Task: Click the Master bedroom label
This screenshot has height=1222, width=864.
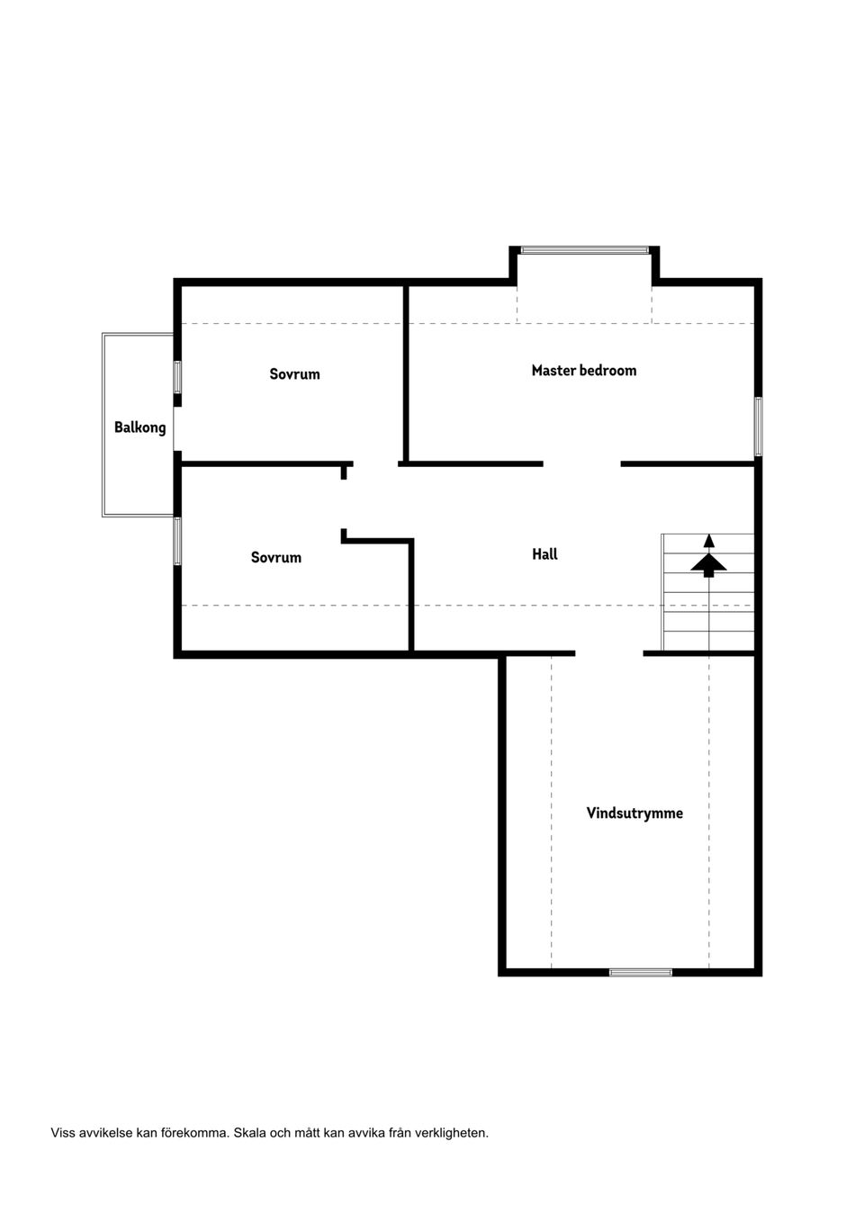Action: coord(583,371)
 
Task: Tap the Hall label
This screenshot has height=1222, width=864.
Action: coord(544,554)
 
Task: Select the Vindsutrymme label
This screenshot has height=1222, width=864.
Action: coord(634,813)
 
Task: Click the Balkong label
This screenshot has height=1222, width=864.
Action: coord(139,427)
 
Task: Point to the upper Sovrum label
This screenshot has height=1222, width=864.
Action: coord(294,373)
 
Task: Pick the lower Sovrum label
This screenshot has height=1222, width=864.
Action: coord(276,557)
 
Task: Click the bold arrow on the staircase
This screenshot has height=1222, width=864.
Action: coord(708,566)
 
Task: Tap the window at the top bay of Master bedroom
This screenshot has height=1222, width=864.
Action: coord(585,250)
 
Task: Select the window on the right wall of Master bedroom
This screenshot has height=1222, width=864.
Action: coord(758,426)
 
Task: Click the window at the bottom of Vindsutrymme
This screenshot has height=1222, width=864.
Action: coord(641,972)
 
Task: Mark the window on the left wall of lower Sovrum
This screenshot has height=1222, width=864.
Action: coord(177,541)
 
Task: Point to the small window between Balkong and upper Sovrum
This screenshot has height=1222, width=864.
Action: coord(177,376)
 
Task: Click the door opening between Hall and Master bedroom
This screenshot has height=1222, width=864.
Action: coord(582,464)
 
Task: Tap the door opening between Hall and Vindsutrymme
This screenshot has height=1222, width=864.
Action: coord(609,653)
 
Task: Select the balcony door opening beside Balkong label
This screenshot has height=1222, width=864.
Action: coord(177,429)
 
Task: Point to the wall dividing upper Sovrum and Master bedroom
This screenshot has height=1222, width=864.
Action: coord(406,373)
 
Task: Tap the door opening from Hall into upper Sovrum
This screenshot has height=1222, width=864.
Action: coord(375,464)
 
